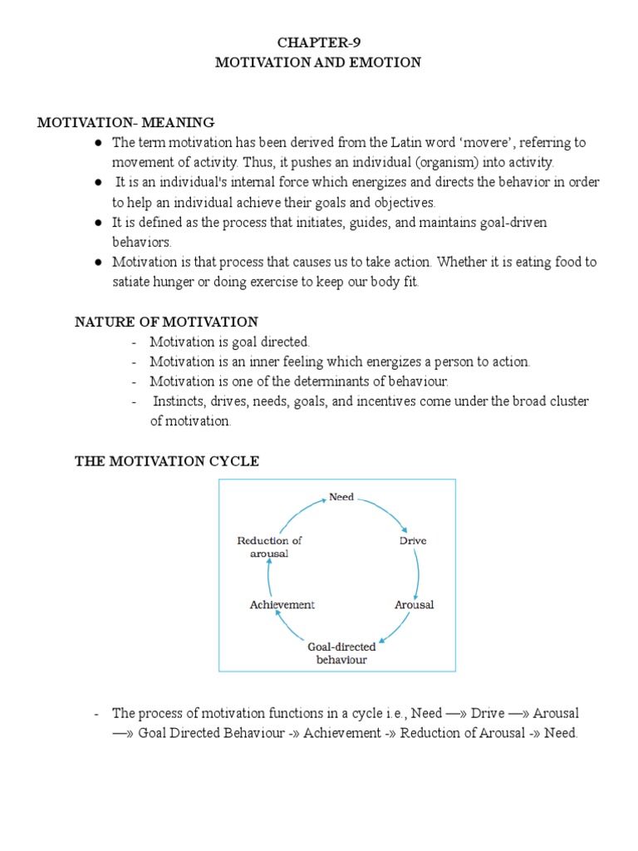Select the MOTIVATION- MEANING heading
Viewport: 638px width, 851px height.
coord(125,122)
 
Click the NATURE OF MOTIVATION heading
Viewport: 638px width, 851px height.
coord(166,322)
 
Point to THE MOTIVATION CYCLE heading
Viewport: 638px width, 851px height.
coord(167,461)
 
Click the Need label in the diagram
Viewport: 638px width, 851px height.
coord(341,497)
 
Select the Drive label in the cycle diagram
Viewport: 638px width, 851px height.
coord(413,540)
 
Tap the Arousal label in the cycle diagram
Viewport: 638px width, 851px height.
coord(414,604)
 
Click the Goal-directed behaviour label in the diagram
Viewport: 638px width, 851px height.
coord(341,652)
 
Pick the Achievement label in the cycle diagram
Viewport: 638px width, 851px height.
coord(282,604)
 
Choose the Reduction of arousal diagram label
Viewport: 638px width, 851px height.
coord(269,547)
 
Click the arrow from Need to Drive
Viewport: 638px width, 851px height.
coord(386,512)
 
